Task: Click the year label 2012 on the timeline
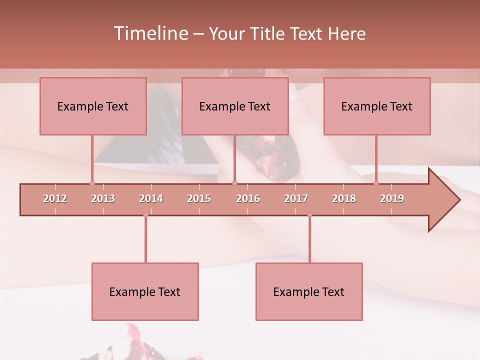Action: (55, 198)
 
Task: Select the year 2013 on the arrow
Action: (103, 198)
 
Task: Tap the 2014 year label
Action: (151, 198)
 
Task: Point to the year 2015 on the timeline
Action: (199, 198)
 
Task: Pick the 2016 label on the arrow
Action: (248, 198)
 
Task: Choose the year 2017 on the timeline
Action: (296, 198)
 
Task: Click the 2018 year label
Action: (344, 198)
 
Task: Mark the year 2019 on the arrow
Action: (392, 198)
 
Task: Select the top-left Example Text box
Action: (93, 106)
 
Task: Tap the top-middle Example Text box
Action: (235, 106)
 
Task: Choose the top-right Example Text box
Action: (377, 106)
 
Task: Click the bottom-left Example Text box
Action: (145, 291)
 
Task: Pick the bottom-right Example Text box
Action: (309, 291)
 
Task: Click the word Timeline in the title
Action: (150, 33)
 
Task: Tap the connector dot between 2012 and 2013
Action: (92, 183)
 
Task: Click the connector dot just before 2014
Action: (145, 215)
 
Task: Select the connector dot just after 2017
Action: (309, 215)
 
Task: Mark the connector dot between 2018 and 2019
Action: (376, 183)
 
